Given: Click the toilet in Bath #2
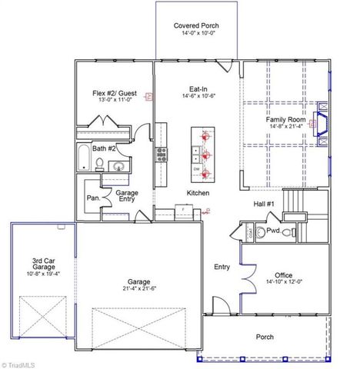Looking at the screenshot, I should tap(99, 162).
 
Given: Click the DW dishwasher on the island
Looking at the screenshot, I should tap(197, 169).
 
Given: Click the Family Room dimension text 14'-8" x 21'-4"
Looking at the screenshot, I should tap(285, 128).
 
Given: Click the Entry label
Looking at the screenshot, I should tap(222, 267).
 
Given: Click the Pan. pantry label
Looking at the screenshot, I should tap(92, 197).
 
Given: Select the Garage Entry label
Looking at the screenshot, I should tap(126, 196).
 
